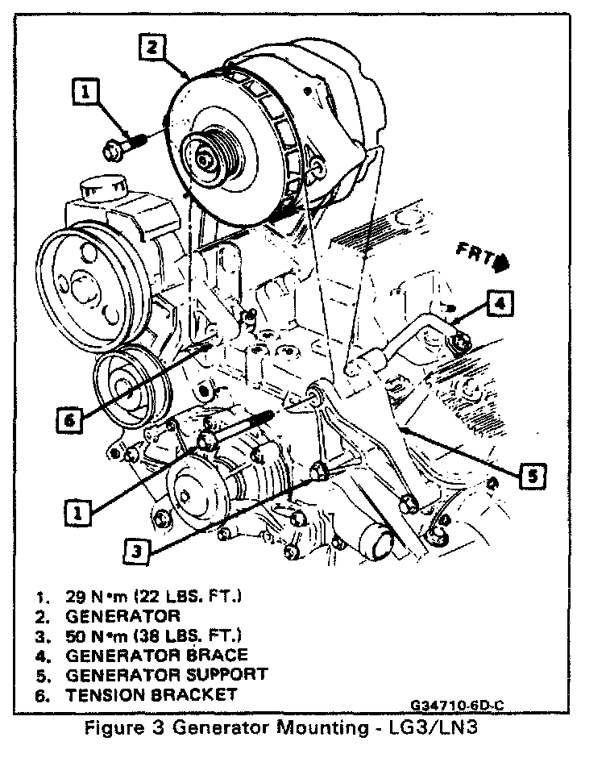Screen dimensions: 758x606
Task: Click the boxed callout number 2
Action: click(152, 48)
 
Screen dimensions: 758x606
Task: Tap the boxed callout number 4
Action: click(500, 303)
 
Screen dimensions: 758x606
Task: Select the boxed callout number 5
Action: click(531, 477)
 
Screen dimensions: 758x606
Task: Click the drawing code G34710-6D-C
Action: click(458, 705)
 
